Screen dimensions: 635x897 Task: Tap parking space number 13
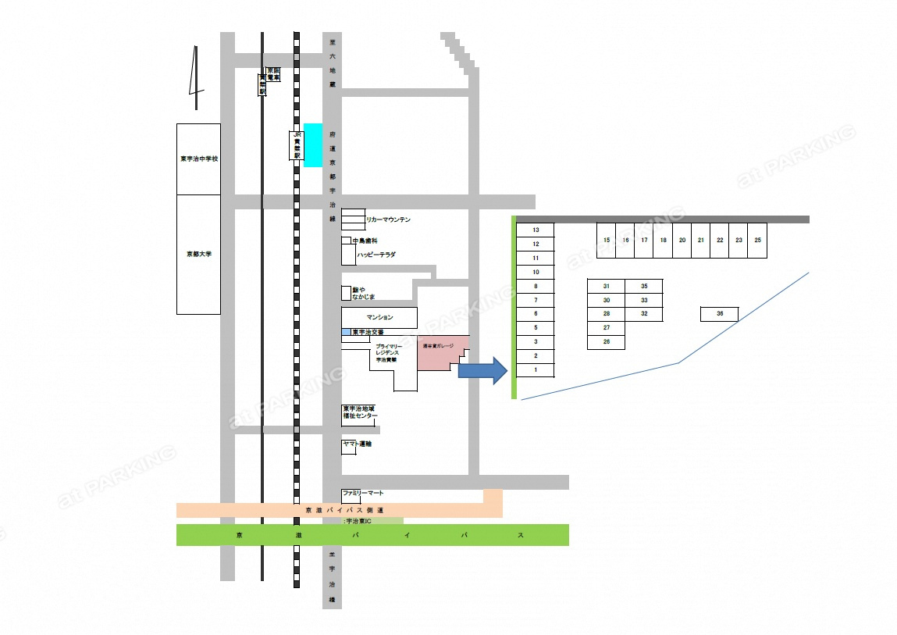(536, 230)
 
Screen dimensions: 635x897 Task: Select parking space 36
(719, 314)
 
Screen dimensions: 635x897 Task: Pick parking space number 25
(757, 241)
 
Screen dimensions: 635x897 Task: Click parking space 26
(607, 342)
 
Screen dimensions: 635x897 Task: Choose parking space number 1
(536, 369)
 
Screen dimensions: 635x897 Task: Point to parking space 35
(644, 287)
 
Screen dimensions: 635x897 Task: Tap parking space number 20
(682, 241)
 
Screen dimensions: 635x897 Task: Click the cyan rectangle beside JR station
(313, 144)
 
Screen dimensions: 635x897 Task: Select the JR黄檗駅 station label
(297, 145)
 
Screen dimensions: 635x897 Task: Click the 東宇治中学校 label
(198, 159)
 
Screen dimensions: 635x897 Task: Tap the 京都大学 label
(198, 255)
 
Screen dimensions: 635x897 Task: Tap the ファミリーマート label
(363, 494)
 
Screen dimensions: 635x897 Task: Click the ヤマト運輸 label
(358, 444)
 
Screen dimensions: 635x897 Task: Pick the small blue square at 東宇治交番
(346, 333)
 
